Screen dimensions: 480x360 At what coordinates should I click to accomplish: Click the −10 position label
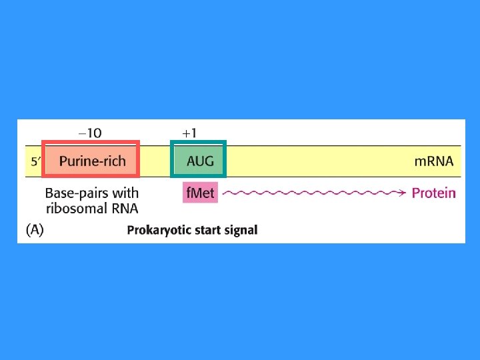[x=90, y=133]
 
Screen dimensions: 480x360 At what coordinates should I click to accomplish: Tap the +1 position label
[x=189, y=133]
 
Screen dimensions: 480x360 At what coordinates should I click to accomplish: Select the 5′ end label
[x=36, y=161]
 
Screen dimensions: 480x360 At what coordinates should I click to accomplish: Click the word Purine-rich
[x=92, y=161]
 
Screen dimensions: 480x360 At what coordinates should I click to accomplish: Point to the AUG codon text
[x=200, y=161]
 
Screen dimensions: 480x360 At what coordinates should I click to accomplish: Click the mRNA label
[x=434, y=161]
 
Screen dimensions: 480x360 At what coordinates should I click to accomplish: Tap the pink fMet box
[x=200, y=193]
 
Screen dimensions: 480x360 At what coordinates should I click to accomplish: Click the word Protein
[x=434, y=193]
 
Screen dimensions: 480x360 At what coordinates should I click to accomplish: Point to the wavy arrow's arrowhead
[x=402, y=193]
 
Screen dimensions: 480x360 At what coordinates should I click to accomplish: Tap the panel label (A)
[x=35, y=230]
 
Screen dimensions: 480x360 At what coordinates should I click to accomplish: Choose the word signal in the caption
[x=240, y=231]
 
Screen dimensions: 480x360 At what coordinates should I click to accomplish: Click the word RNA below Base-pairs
[x=123, y=209]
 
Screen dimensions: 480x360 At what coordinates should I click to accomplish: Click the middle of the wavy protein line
[x=313, y=193]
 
